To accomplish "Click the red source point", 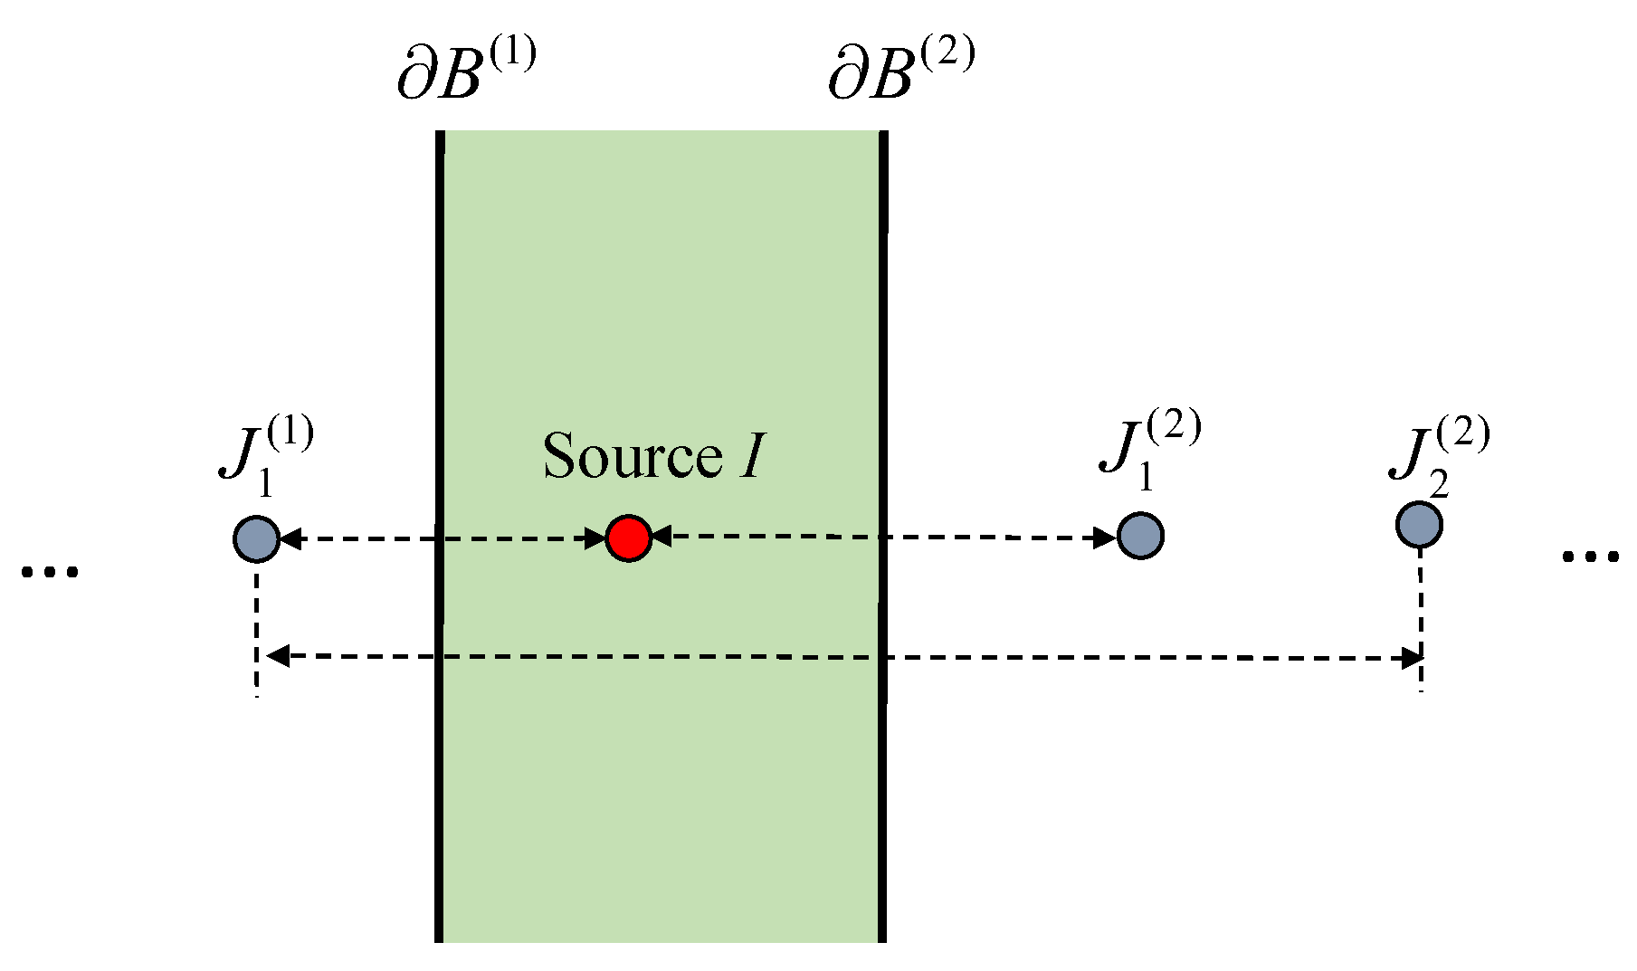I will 628,538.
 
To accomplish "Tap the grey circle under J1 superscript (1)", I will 256,539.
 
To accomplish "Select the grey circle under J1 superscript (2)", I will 1140,535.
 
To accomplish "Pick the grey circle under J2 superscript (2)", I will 1418,525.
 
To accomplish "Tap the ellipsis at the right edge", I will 1590,557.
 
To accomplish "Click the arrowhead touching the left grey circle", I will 290,540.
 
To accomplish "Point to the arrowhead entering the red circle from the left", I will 595,539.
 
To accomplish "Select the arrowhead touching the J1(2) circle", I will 1106,538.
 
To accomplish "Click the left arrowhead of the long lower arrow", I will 277,656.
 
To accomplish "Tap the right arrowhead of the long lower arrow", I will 1410,659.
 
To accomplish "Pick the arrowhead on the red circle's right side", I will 661,537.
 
